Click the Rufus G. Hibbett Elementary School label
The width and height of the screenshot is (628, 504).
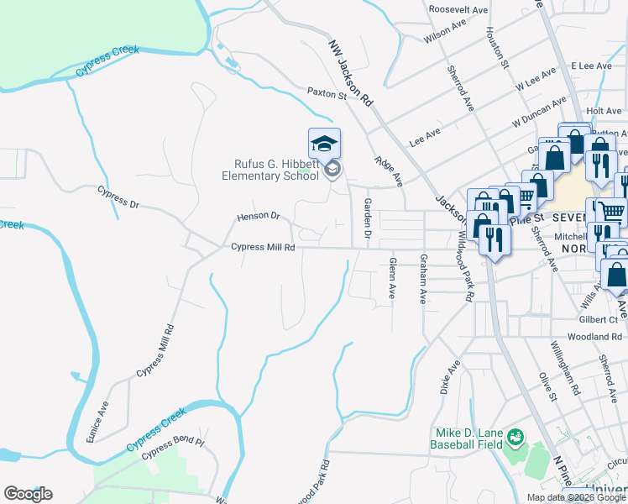270,170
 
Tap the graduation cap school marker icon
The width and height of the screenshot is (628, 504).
324,144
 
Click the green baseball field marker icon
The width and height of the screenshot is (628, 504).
514,437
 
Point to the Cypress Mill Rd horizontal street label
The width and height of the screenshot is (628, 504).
264,248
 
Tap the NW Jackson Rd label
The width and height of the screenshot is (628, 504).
350,71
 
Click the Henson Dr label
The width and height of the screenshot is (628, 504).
258,216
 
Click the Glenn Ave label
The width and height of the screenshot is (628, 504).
392,278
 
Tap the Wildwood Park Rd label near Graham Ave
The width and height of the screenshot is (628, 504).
464,269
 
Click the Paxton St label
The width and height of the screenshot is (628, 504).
327,93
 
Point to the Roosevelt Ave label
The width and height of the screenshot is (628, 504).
458,9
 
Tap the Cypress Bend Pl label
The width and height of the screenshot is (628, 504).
173,447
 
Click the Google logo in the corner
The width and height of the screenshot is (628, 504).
28,493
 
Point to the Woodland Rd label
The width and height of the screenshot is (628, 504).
594,336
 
